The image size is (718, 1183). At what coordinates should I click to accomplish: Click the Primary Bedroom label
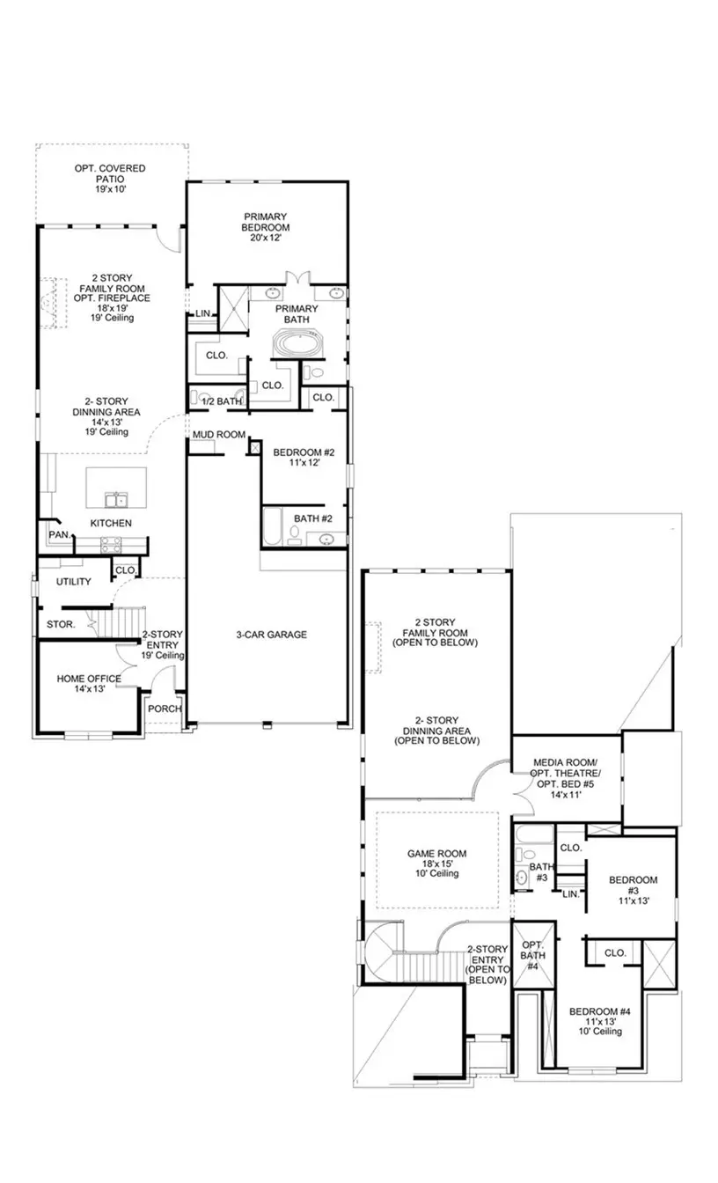[x=265, y=226]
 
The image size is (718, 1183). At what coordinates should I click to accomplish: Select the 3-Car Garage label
[x=271, y=634]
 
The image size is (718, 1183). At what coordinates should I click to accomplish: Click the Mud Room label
[x=218, y=435]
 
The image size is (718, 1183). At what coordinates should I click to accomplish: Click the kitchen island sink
[x=114, y=500]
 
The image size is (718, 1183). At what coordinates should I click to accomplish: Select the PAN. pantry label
[x=59, y=534]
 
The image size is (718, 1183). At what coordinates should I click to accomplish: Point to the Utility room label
[x=74, y=582]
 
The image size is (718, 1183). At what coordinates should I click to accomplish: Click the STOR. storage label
[x=61, y=624]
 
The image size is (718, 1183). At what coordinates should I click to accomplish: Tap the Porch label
[x=164, y=709]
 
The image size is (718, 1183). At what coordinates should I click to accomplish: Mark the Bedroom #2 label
[x=303, y=457]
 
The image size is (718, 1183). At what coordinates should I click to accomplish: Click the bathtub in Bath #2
[x=271, y=526]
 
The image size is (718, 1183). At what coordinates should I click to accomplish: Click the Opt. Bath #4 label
[x=531, y=955]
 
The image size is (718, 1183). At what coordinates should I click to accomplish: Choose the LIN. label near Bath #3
[x=570, y=893]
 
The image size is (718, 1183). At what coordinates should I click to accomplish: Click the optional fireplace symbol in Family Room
[x=49, y=304]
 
